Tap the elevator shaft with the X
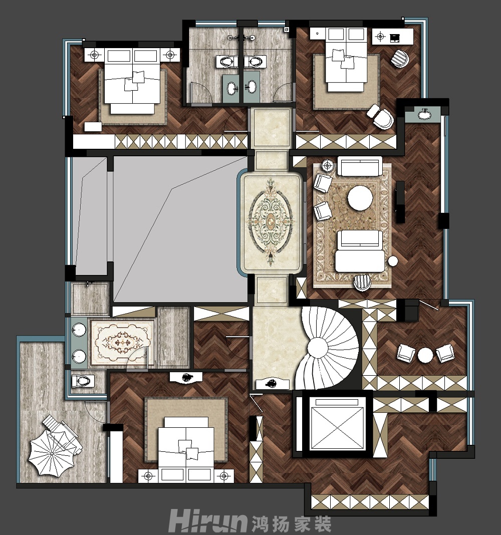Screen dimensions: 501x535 [x=337, y=424]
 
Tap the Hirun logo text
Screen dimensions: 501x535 [x=208, y=521]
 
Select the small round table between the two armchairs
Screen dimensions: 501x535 [x=425, y=355]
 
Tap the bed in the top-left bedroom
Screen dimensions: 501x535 [x=132, y=81]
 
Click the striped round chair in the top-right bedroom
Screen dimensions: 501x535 [x=399, y=58]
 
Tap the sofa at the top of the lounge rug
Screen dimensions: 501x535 [x=360, y=166]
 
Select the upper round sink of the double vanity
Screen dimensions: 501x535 [x=79, y=330]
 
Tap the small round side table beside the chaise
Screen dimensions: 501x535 [x=393, y=261]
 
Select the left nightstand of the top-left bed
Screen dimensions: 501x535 [x=95, y=55]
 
